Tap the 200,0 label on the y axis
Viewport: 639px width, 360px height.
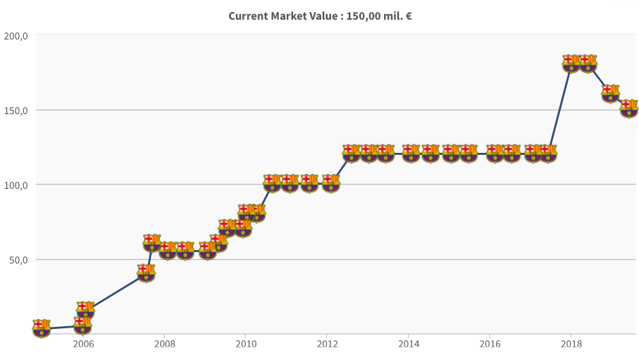[x=15, y=36]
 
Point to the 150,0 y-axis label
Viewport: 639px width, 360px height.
[x=15, y=111]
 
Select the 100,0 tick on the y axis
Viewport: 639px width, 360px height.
[x=15, y=185]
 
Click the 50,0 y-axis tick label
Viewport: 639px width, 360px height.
[x=18, y=260]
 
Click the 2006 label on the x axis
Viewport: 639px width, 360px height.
[x=83, y=344]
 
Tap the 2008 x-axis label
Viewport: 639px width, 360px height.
[x=164, y=344]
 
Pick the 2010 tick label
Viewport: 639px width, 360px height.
[x=246, y=344]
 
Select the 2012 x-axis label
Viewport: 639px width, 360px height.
[x=327, y=344]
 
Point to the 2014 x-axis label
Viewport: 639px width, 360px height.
[x=409, y=344]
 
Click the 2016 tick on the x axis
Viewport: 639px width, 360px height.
[x=490, y=344]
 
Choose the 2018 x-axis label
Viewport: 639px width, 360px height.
[x=571, y=344]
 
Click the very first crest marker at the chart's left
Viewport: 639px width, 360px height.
[x=42, y=328]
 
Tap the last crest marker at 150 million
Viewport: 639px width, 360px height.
[x=629, y=108]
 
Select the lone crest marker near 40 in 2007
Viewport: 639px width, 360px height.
[x=146, y=273]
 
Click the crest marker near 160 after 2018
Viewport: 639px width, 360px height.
[x=611, y=94]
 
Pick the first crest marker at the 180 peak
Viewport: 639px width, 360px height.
[x=571, y=63]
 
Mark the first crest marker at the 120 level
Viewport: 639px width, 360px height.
[x=352, y=154]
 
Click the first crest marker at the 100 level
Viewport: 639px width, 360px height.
[x=272, y=183]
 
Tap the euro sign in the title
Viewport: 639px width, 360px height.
[x=408, y=15]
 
